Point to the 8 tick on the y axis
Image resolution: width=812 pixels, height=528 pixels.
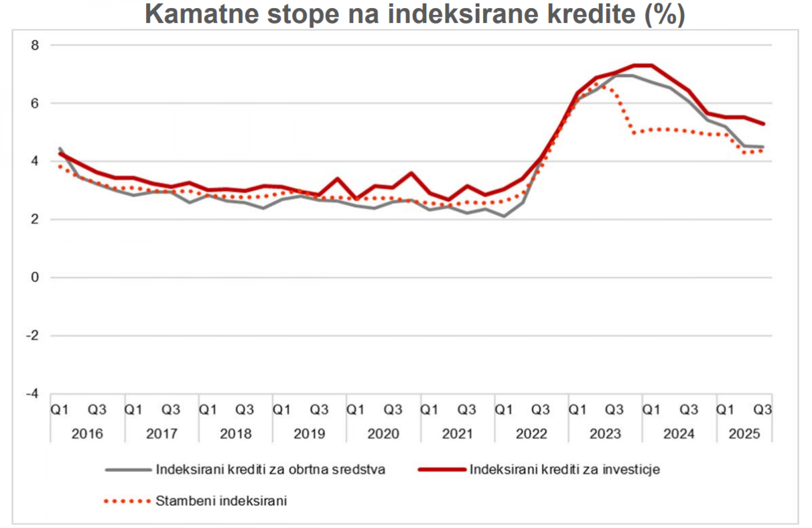tap(35, 45)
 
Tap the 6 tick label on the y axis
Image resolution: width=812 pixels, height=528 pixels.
tap(35, 104)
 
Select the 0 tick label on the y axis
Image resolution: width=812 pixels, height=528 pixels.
tap(35, 277)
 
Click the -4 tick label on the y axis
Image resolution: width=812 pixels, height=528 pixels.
tap(32, 394)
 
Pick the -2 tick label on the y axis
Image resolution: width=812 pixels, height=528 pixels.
tap(32, 335)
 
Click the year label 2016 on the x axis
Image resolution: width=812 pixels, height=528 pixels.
tap(87, 434)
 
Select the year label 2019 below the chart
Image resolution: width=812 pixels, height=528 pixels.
tap(309, 434)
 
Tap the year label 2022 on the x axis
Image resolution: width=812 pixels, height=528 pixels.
tap(531, 434)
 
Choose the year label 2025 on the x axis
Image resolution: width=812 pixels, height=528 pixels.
tap(744, 434)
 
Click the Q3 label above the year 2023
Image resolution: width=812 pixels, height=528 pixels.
tap(614, 410)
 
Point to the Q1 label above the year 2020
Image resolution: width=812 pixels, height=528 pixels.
tap(355, 410)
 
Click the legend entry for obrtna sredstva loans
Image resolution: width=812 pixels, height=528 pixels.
tap(270, 470)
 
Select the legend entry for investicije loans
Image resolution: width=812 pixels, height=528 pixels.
tap(565, 470)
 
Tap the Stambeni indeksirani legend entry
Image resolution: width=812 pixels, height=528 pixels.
tap(221, 501)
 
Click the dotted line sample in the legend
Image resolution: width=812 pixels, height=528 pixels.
tap(127, 501)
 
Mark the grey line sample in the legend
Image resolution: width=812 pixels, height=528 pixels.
tap(128, 470)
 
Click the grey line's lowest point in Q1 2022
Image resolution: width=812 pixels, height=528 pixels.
tap(504, 216)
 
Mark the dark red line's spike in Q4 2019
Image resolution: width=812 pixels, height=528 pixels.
tap(337, 178)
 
